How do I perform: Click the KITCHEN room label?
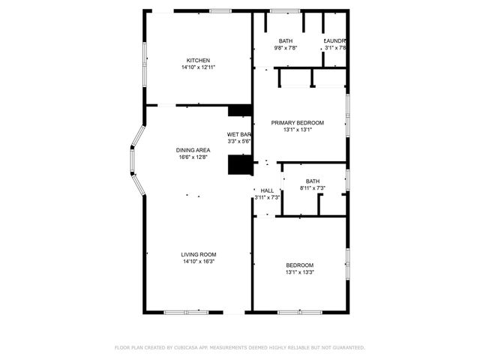pyautogui.click(x=198, y=61)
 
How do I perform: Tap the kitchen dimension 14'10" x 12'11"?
pyautogui.click(x=198, y=67)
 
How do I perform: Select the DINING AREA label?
pyautogui.click(x=193, y=150)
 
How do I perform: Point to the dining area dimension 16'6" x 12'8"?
pyautogui.click(x=193, y=157)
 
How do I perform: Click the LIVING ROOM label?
pyautogui.click(x=198, y=254)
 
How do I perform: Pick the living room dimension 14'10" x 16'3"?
pyautogui.click(x=198, y=262)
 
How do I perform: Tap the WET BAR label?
pyautogui.click(x=238, y=134)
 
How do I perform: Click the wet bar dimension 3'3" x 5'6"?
pyautogui.click(x=238, y=141)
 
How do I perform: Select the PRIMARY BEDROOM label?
pyautogui.click(x=298, y=122)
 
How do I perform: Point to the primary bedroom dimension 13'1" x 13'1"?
pyautogui.click(x=298, y=129)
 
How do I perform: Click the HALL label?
pyautogui.click(x=267, y=190)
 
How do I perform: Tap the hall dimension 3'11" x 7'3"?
pyautogui.click(x=267, y=197)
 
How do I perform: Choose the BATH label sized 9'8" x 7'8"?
pyautogui.click(x=286, y=40)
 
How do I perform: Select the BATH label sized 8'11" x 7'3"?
pyautogui.click(x=312, y=181)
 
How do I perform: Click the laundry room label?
pyautogui.click(x=334, y=40)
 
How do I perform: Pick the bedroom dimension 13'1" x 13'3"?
pyautogui.click(x=299, y=272)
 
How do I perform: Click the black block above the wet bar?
pyautogui.click(x=240, y=110)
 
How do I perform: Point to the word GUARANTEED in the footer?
pyautogui.click(x=347, y=348)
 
